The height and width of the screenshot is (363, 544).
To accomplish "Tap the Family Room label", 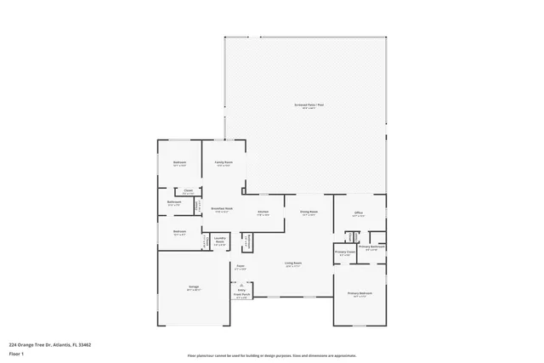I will pyautogui.click(x=224, y=162).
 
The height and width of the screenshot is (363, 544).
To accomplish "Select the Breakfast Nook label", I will pyautogui.click(x=222, y=210).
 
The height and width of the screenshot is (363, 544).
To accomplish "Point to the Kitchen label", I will pyautogui.click(x=263, y=212).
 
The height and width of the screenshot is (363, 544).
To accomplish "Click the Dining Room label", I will pyautogui.click(x=308, y=212).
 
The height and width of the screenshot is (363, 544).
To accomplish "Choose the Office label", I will pyautogui.click(x=359, y=213).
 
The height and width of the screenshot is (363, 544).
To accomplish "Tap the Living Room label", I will pyautogui.click(x=292, y=263).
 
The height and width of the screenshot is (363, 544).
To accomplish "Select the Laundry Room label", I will pyautogui.click(x=219, y=239).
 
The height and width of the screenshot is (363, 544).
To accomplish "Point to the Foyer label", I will pyautogui.click(x=241, y=266).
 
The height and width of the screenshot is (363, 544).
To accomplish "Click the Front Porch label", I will pyautogui.click(x=241, y=295).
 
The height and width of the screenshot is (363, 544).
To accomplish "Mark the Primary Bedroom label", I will pyautogui.click(x=360, y=293).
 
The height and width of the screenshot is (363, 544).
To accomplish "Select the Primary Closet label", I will pyautogui.click(x=345, y=252).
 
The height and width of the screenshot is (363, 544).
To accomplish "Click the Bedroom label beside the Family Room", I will pyautogui.click(x=179, y=162).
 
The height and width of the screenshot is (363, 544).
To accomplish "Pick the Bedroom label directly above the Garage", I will pyautogui.click(x=179, y=231).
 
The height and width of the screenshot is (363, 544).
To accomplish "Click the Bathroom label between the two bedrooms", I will pyautogui.click(x=174, y=202).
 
